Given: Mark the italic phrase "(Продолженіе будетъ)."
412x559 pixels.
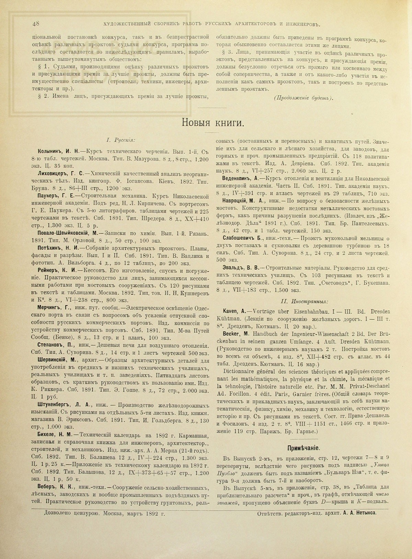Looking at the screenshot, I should (304, 97).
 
